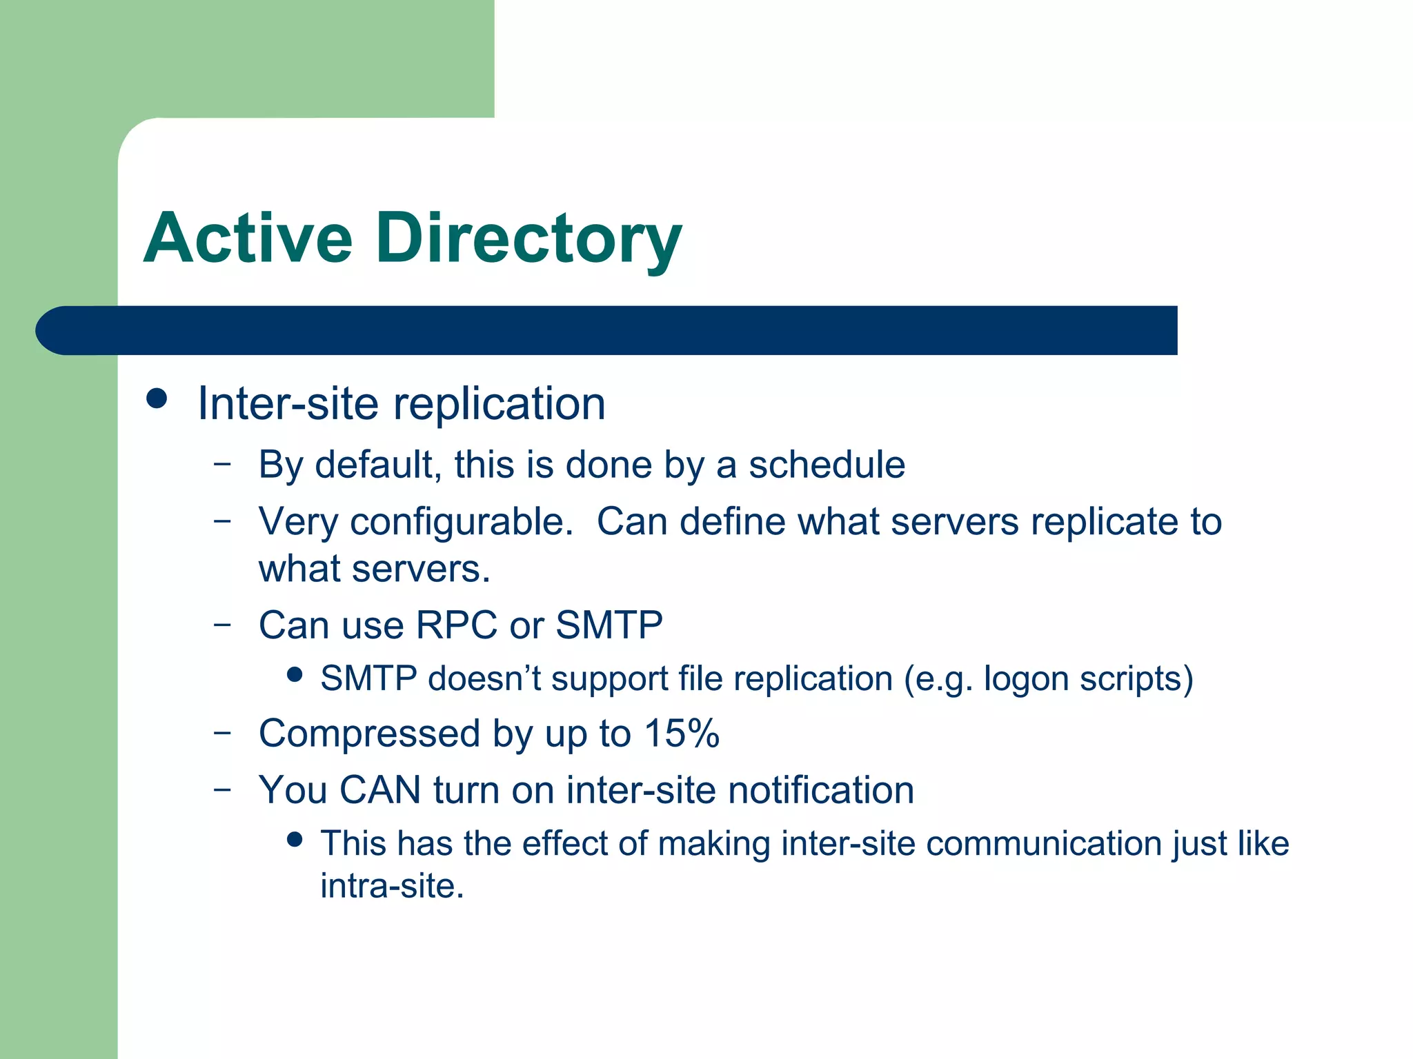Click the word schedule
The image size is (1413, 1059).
point(827,465)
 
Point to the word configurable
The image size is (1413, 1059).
point(462,522)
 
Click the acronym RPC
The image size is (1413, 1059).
point(456,625)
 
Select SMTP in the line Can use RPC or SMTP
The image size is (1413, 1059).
point(609,625)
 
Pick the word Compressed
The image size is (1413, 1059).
point(369,733)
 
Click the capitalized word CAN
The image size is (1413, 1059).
point(380,789)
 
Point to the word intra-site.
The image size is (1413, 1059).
point(392,886)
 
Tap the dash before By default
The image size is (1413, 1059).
point(221,463)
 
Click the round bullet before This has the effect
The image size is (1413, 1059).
point(295,839)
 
